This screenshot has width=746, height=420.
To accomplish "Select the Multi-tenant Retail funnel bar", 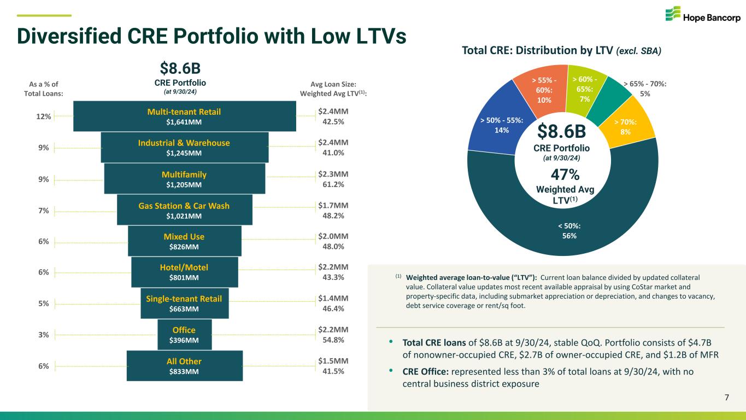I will pyautogui.click(x=184, y=116).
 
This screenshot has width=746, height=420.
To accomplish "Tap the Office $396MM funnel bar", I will pyautogui.click(x=184, y=335).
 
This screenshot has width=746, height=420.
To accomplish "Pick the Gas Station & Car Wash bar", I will pyautogui.click(x=184, y=211).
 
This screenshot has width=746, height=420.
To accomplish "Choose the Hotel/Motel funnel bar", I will pyautogui.click(x=184, y=272).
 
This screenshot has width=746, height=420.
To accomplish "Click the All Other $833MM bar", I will pyautogui.click(x=184, y=366).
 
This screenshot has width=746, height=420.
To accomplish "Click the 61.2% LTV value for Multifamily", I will pyautogui.click(x=333, y=184).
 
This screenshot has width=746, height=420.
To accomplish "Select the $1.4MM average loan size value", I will pyautogui.click(x=333, y=299).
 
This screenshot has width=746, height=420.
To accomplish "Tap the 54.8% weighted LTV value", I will pyautogui.click(x=333, y=340).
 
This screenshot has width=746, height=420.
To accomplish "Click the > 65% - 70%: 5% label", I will pyautogui.click(x=645, y=89).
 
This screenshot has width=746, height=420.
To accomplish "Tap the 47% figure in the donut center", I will pyautogui.click(x=565, y=174).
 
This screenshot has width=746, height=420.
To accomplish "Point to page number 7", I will pyautogui.click(x=726, y=397).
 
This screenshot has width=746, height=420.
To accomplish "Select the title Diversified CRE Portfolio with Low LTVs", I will pyautogui.click(x=212, y=36).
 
